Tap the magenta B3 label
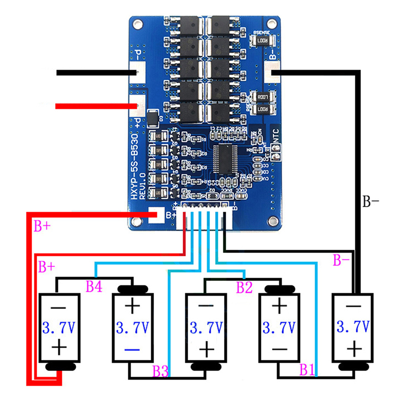point(160,371)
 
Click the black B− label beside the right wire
point(370,201)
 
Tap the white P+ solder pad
point(139,106)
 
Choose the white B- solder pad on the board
point(272,73)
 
